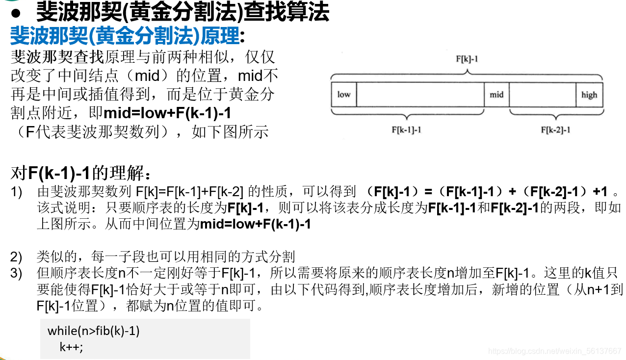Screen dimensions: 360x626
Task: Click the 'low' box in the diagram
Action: (344, 94)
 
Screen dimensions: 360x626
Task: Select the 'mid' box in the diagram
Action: (496, 94)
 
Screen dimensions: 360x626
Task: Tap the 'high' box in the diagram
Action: (589, 95)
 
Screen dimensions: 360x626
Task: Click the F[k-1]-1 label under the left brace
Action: (406, 130)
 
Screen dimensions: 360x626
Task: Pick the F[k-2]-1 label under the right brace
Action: (555, 130)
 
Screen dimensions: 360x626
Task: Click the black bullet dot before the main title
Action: (15, 13)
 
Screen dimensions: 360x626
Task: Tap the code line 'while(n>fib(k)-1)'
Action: (94, 331)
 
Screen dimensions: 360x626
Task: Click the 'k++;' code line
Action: (72, 347)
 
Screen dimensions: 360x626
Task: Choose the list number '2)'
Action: (17, 257)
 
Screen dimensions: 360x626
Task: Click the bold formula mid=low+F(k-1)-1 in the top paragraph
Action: (167, 113)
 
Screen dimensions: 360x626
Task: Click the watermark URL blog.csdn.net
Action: (555, 351)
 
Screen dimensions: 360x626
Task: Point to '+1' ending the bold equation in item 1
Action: (600, 192)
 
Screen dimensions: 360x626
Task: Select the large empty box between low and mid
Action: (420, 94)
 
